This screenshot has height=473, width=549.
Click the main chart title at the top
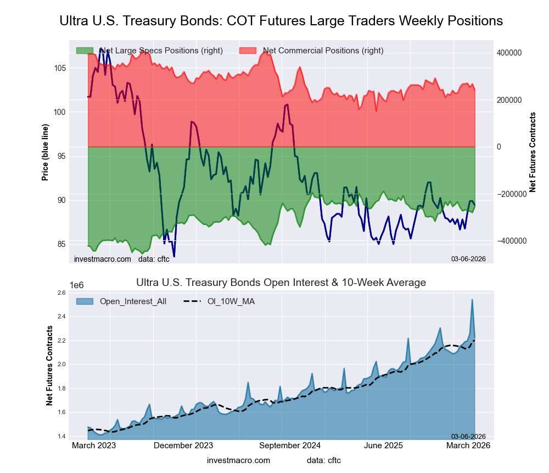(281, 21)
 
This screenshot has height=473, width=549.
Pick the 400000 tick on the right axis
(509, 53)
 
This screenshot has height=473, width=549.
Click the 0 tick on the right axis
(500, 147)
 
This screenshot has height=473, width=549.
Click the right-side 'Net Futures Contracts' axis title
(532, 152)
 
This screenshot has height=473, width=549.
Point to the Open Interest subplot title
(281, 283)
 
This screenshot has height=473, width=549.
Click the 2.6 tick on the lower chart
(61, 293)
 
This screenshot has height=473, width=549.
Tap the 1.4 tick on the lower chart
(61, 437)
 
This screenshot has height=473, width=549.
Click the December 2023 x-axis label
(183, 446)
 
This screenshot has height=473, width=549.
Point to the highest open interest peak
(472, 300)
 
